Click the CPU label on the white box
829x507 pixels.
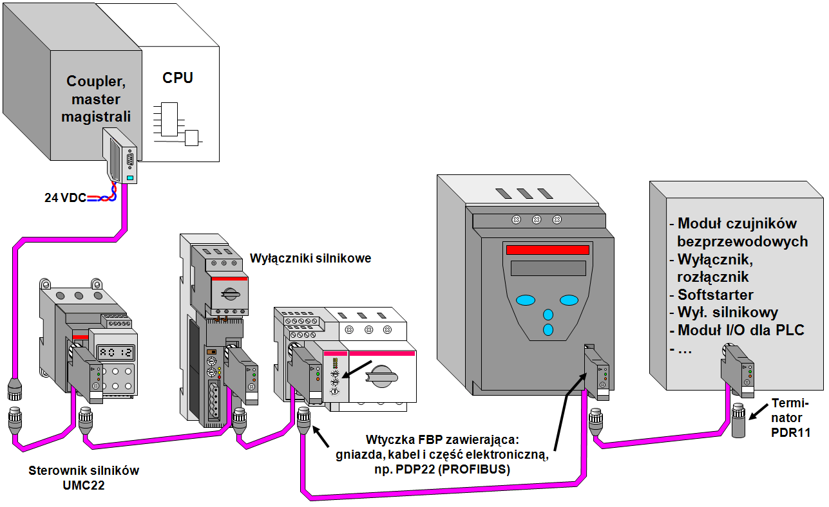[x=178, y=78]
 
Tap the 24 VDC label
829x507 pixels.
[x=65, y=198]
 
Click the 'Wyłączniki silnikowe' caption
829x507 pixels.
[x=310, y=259]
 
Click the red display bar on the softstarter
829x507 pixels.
[x=547, y=250]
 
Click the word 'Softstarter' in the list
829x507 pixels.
[x=715, y=295]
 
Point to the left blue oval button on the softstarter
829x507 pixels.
[x=526, y=300]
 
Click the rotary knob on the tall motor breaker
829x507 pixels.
[x=229, y=293]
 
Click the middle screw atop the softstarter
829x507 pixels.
[x=536, y=219]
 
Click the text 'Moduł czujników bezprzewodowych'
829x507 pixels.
[x=738, y=232]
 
